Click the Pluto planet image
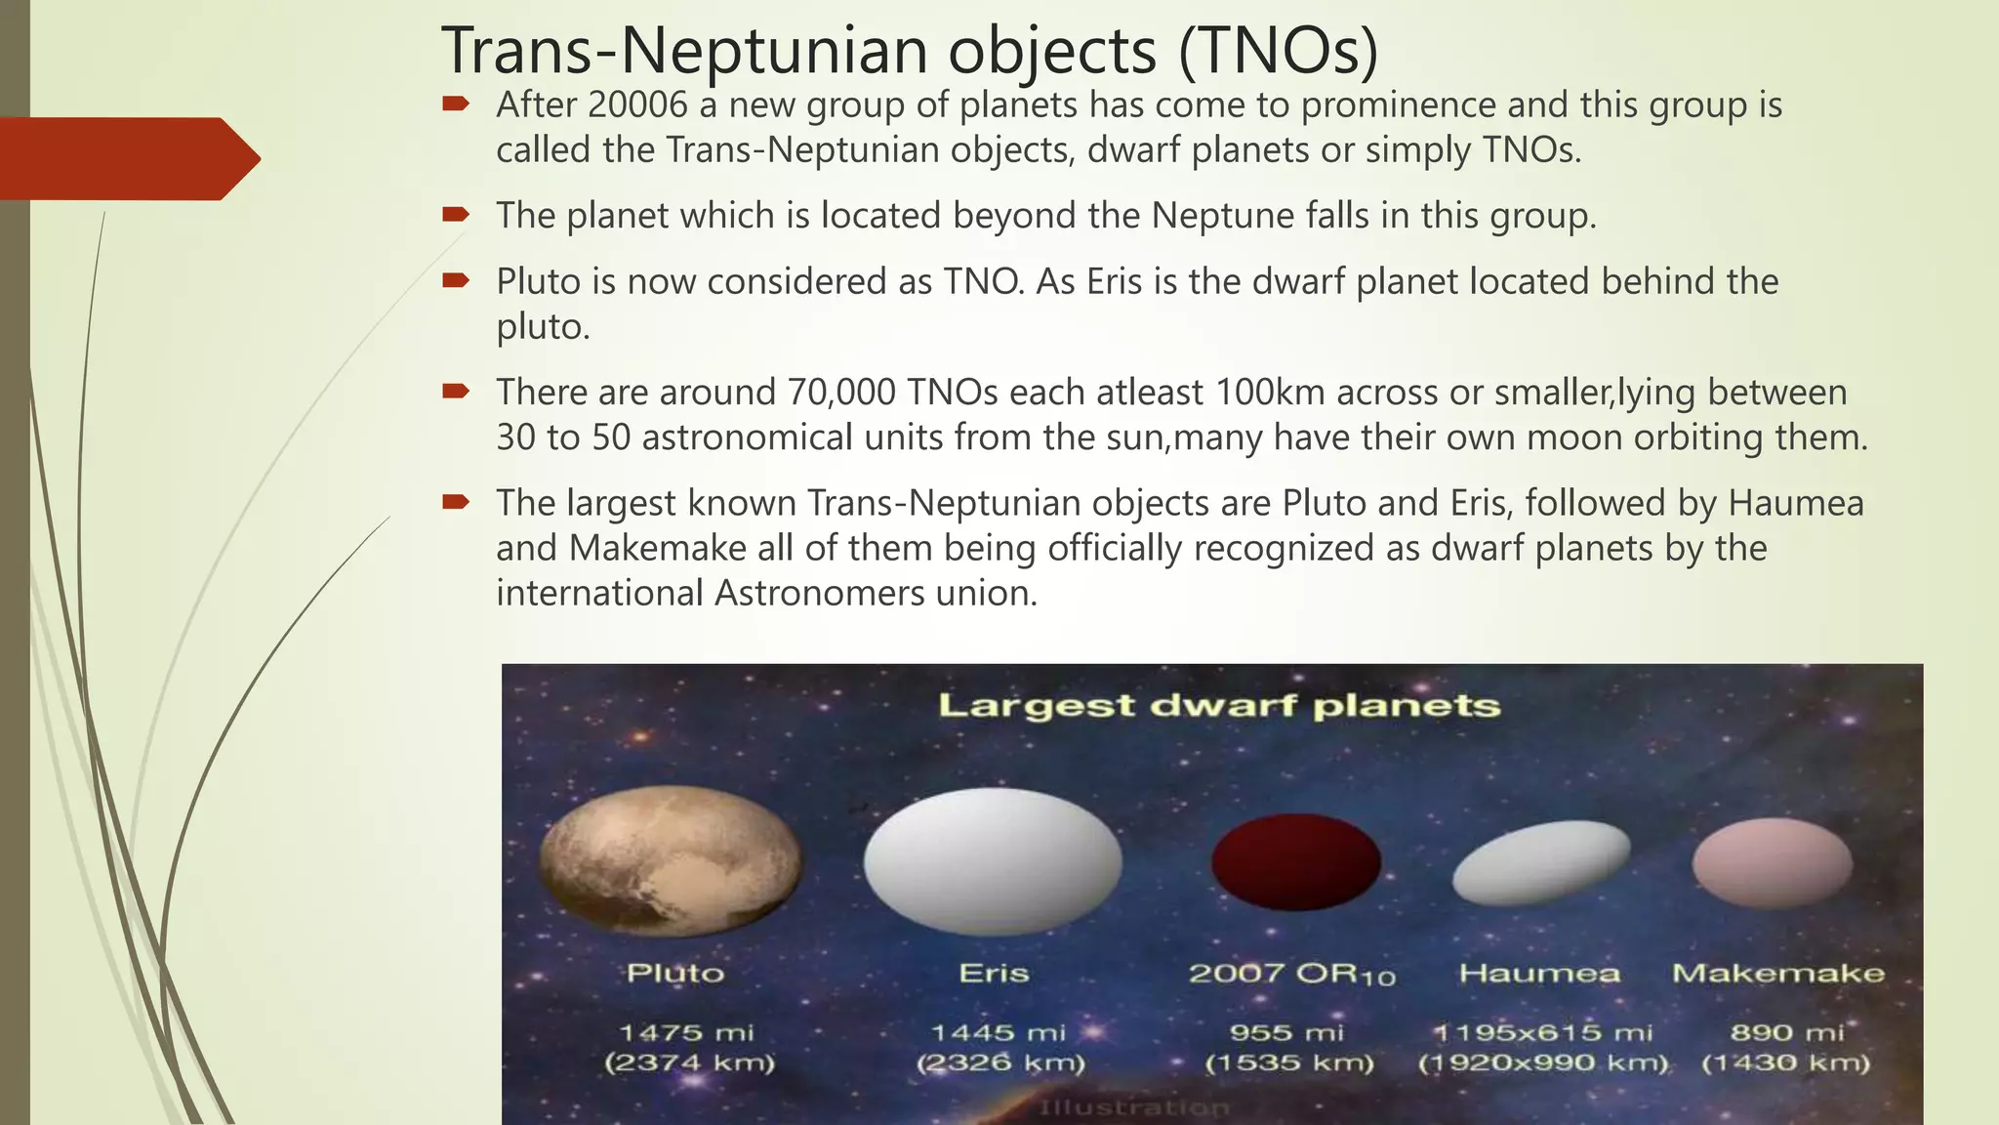point(671,860)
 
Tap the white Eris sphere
point(993,860)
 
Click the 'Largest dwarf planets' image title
point(1218,705)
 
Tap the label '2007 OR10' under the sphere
point(1291,974)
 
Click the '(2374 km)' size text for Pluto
point(689,1062)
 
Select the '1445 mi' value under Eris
point(998,1032)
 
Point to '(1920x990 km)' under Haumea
point(1543,1062)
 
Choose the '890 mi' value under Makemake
point(1786,1032)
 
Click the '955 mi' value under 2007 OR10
point(1286,1032)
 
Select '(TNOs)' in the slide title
point(1279,51)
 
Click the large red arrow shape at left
point(127,158)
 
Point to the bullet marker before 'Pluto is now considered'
point(455,281)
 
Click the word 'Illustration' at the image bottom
point(1133,1107)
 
